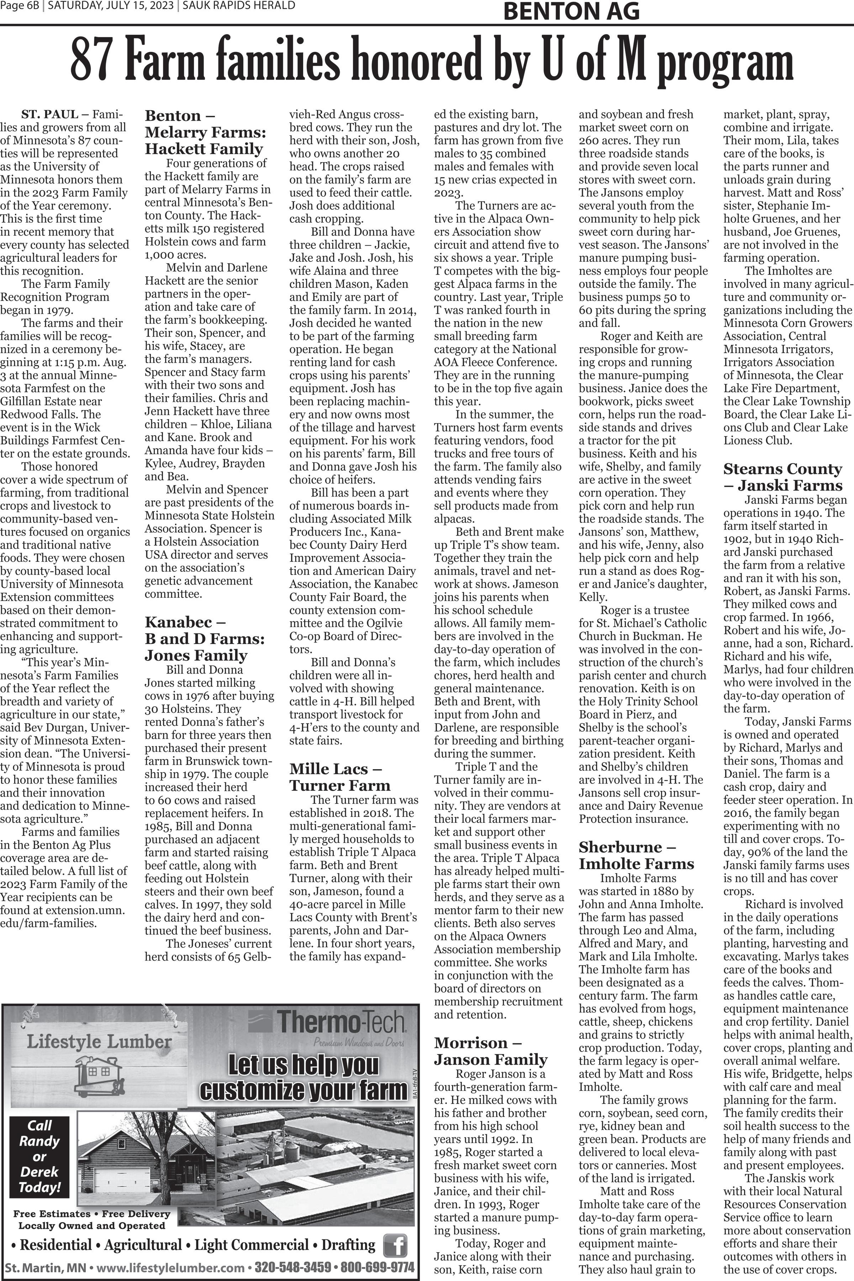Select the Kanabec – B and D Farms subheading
pos(196,638)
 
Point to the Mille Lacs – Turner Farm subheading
pos(340,777)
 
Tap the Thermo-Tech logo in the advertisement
pos(327,1023)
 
